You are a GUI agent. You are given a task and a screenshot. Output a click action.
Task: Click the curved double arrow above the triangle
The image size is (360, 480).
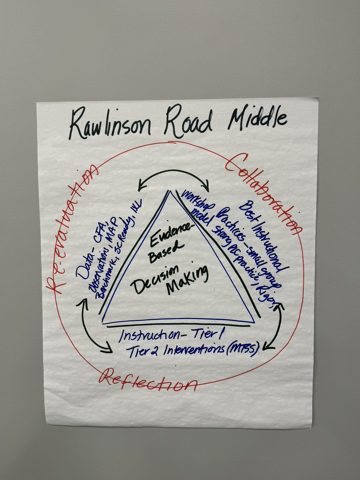(174, 176)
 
